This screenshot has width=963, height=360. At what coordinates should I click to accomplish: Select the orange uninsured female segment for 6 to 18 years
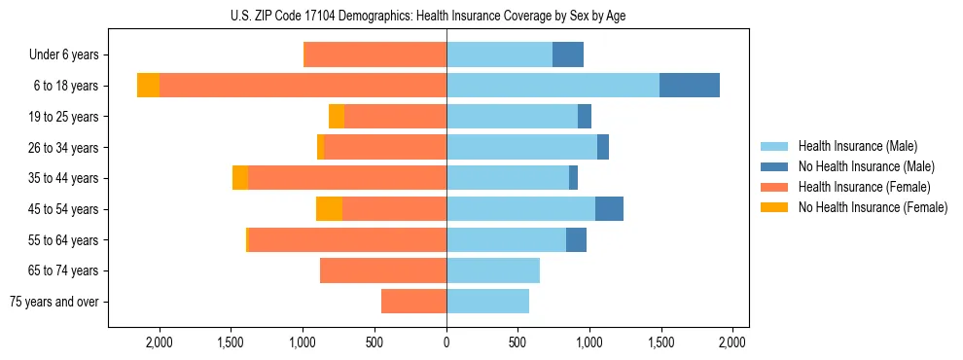148,86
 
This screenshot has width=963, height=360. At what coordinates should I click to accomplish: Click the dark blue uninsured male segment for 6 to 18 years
690,86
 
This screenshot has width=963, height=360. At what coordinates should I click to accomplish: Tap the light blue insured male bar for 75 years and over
487,302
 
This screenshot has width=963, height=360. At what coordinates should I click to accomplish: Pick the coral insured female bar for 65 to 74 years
383,270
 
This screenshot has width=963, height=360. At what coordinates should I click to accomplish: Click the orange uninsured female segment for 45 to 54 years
329,209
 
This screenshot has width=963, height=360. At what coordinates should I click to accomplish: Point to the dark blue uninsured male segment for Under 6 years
568,54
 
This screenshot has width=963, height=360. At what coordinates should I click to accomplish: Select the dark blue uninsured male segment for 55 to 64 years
576,239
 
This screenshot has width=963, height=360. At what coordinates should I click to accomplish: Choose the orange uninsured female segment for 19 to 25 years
337,117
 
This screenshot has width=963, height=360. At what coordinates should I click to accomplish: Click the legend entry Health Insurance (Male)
857,146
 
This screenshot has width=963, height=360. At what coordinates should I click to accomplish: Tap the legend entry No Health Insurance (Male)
866,166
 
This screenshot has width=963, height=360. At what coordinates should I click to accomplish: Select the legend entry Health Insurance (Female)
863,187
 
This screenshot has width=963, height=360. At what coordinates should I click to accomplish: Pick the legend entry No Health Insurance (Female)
872,207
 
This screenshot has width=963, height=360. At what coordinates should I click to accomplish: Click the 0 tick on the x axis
446,342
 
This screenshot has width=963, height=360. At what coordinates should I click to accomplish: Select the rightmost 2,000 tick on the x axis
732,342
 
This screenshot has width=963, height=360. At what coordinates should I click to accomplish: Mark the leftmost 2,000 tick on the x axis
160,342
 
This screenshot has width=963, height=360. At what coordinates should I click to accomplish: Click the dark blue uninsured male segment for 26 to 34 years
603,147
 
